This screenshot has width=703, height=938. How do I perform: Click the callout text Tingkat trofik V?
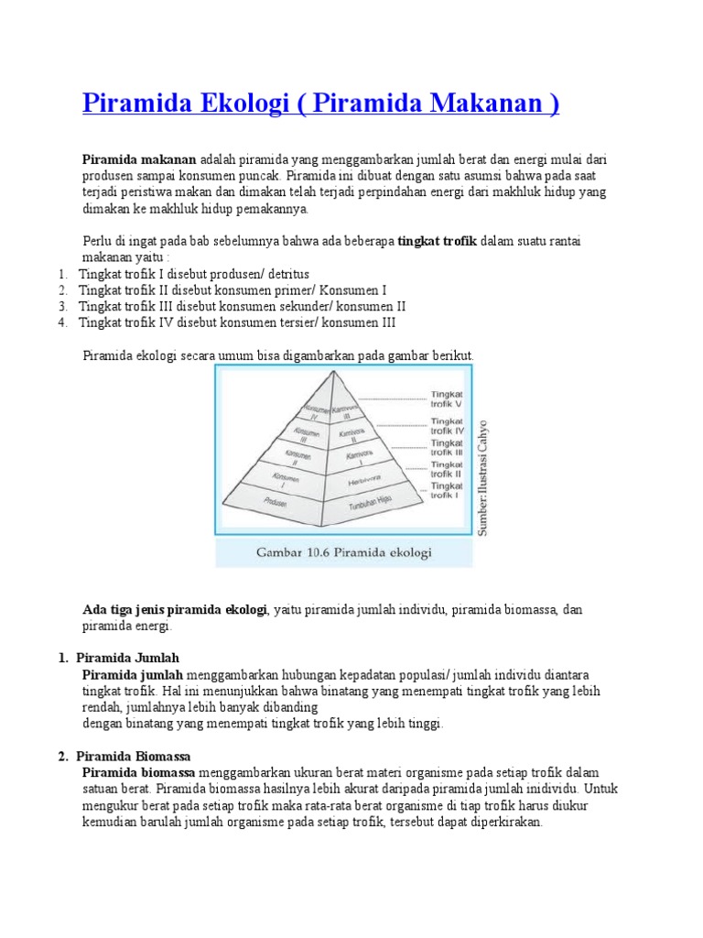coord(448,401)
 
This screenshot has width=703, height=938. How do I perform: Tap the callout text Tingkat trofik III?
coord(448,446)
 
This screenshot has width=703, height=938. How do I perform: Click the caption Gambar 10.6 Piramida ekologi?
coord(343,552)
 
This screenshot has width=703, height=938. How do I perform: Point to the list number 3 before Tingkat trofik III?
coord(62,306)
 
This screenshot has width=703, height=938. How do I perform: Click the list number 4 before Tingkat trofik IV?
coord(62,322)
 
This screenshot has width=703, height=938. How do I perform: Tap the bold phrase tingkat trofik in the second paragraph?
coord(438,241)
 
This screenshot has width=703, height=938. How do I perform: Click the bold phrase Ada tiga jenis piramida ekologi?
coord(174,609)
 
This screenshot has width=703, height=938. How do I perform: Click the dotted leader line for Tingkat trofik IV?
coord(395,425)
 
